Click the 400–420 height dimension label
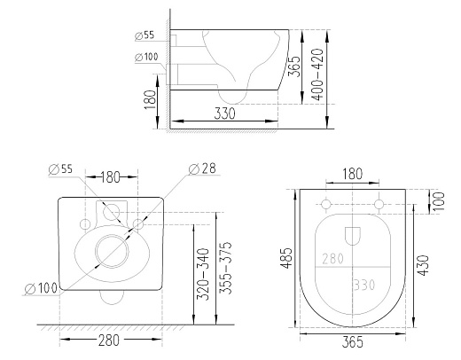tap(318, 74)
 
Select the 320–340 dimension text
tap(203, 274)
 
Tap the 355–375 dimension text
tap(225, 268)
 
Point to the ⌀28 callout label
tap(202, 168)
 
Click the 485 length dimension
tap(285, 258)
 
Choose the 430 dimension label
tap(423, 265)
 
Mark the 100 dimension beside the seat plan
tap(439, 201)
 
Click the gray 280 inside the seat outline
tap(332, 259)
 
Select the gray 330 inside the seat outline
tap(364, 285)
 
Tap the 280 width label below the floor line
tap(109, 340)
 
